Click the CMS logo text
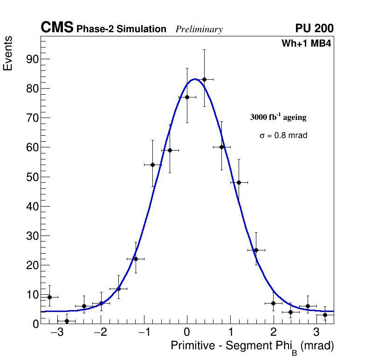pos(57,28)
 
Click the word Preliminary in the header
pos(199,29)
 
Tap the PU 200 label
pos(314,28)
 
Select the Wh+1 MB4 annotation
pos(306,44)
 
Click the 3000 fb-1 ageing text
pos(278,117)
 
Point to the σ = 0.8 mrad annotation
pos(283,136)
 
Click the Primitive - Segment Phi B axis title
pos(252,346)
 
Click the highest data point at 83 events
pos(204,79)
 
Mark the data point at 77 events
pos(187,97)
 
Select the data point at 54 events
pos(152,165)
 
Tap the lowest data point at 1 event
pos(67,321)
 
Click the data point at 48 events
pos(239,182)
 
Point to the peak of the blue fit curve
pos(195,79)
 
